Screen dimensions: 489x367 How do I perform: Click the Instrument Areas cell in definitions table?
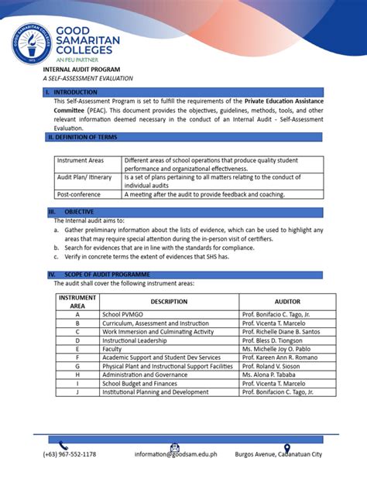click(x=81, y=160)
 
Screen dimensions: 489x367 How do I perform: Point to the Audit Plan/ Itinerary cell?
click(x=84, y=177)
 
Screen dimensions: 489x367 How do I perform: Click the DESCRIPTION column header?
click(x=169, y=302)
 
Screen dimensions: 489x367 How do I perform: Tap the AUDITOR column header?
click(x=287, y=302)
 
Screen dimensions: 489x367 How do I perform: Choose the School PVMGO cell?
click(x=124, y=315)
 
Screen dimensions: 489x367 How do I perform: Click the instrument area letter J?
click(x=77, y=392)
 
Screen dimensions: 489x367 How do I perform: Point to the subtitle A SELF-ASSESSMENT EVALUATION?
click(x=87, y=79)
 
